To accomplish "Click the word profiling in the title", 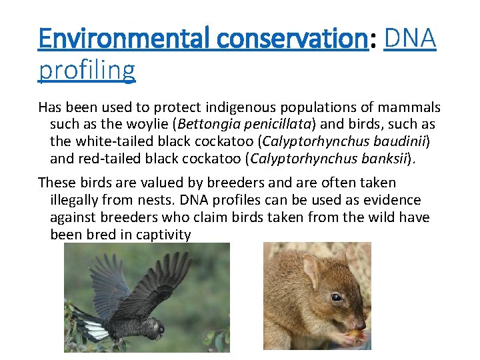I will point(87,69).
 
